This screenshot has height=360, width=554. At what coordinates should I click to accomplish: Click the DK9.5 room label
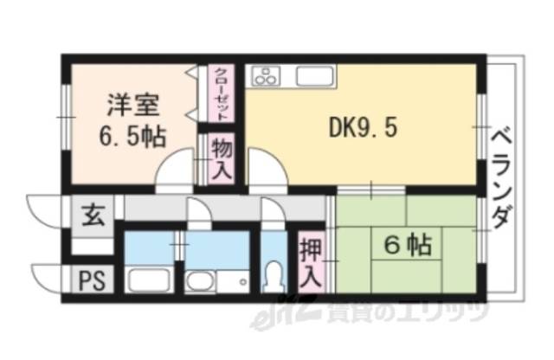point(363,128)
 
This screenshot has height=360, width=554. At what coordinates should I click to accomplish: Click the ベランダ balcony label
point(499,177)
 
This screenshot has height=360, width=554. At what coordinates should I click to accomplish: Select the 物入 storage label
point(222,157)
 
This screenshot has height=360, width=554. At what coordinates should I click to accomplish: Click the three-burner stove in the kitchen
point(267,76)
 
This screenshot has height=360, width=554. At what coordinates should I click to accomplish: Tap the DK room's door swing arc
point(266,166)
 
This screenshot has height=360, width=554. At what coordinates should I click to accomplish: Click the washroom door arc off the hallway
point(198,213)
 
